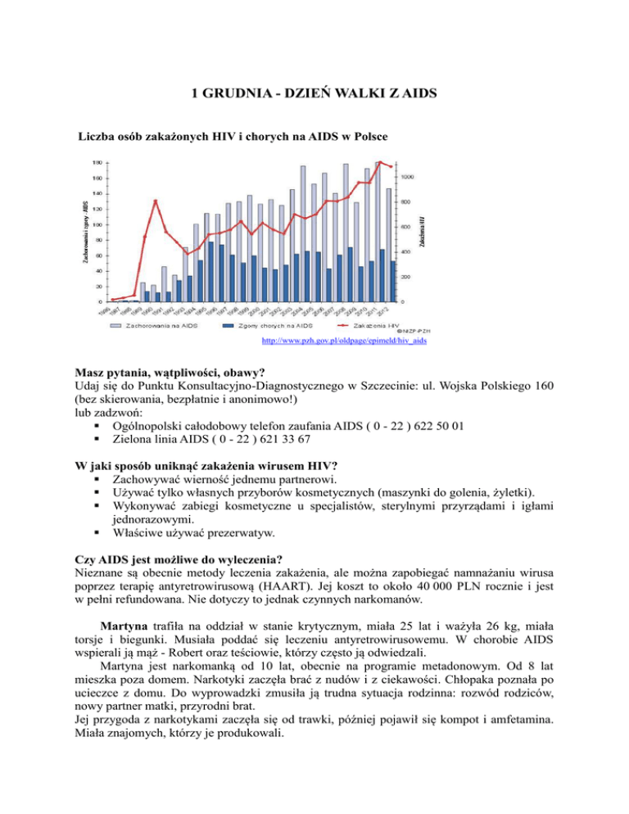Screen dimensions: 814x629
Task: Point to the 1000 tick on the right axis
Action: click(x=407, y=177)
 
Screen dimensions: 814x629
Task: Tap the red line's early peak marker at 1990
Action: click(x=156, y=201)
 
